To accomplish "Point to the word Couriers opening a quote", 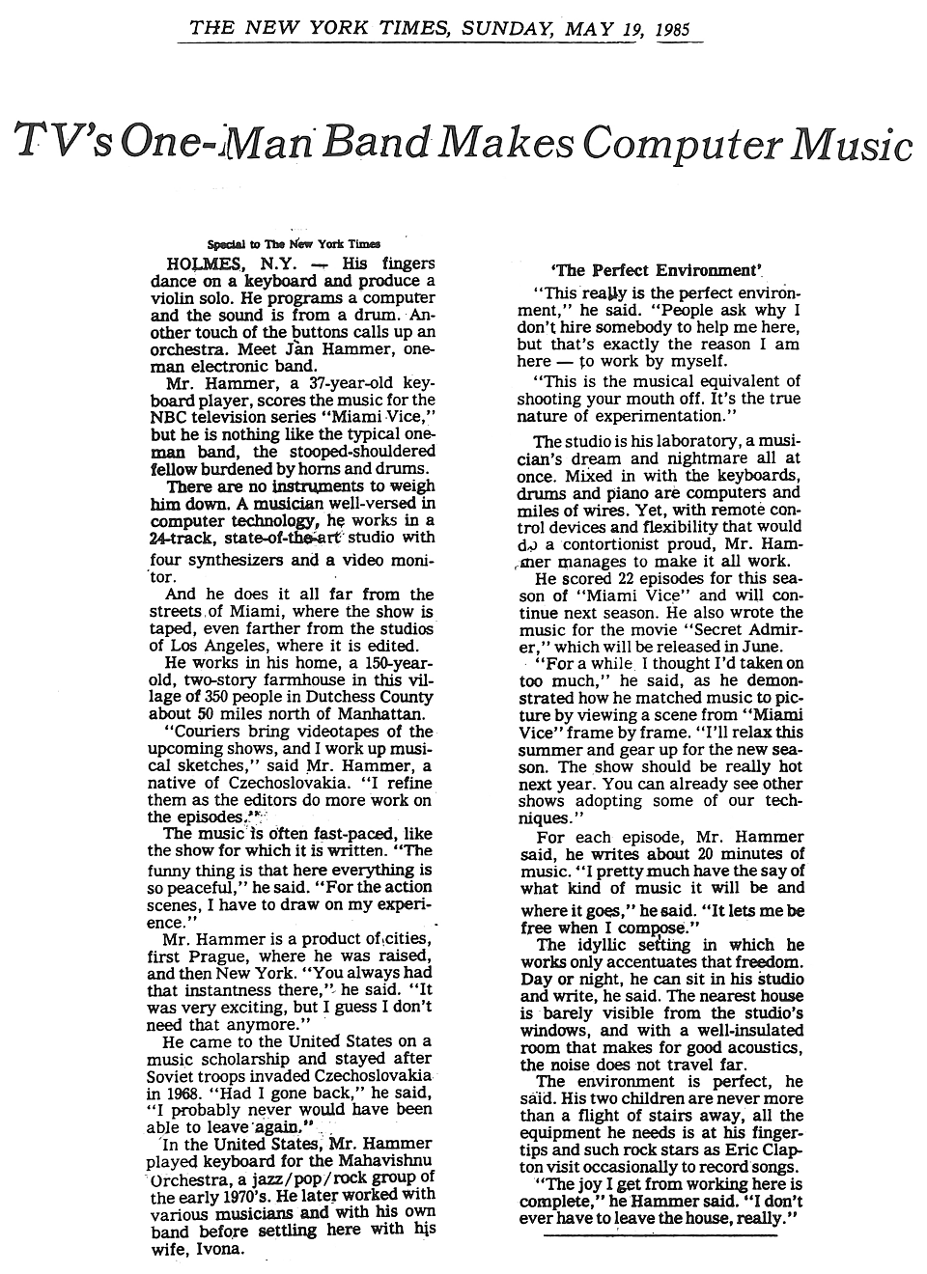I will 209,732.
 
